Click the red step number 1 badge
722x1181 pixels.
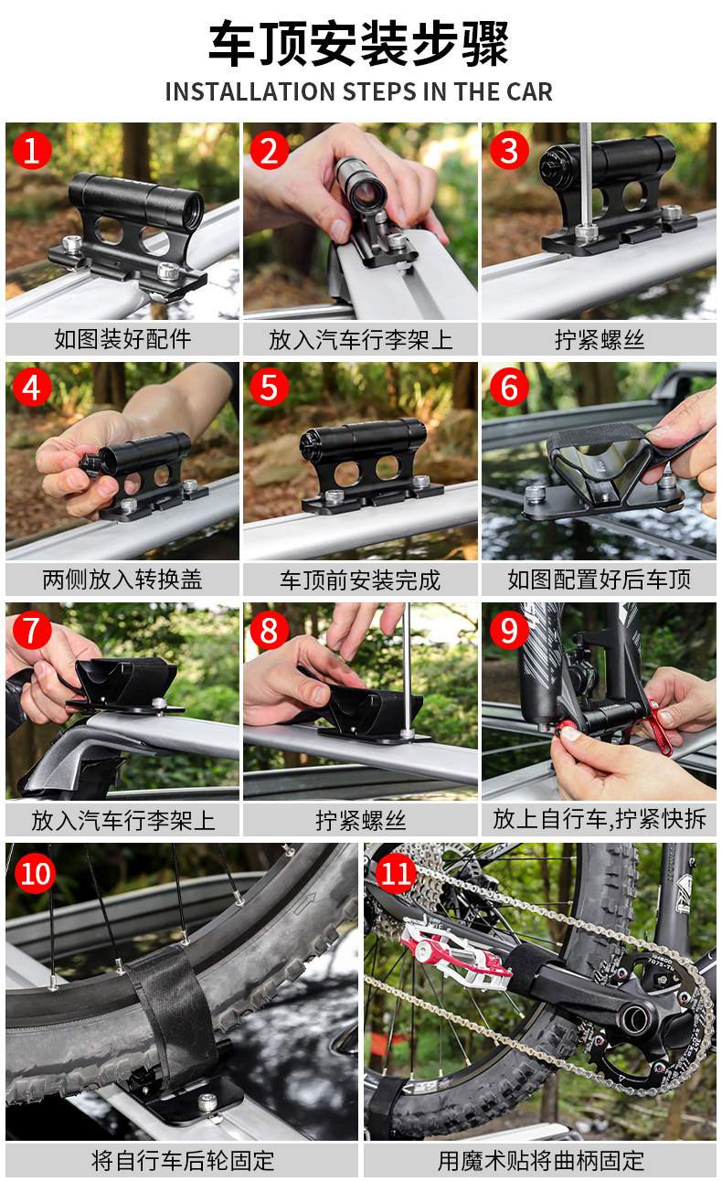tap(32, 150)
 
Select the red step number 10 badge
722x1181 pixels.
tap(35, 874)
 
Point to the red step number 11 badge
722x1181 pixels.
tap(397, 874)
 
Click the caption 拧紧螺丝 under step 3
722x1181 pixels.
tap(600, 339)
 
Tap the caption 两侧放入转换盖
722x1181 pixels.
tap(122, 580)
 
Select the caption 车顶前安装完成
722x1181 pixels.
tap(360, 580)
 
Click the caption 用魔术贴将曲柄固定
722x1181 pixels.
tap(541, 1161)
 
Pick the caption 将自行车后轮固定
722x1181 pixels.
tap(183, 1161)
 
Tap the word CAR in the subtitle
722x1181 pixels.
tap(529, 91)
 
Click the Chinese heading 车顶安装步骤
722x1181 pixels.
tap(359, 43)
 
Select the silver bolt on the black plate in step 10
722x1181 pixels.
tap(208, 1101)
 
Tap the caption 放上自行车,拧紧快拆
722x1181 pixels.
tap(600, 819)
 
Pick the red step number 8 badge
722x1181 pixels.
tap(269, 630)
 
